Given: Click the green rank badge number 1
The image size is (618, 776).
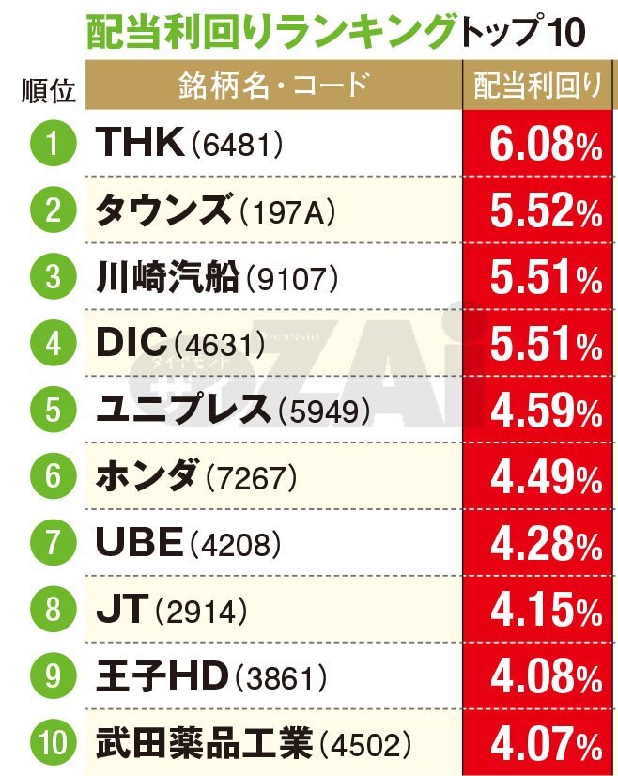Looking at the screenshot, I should pos(52,143).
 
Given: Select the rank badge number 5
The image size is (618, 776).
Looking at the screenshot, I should pos(52,411).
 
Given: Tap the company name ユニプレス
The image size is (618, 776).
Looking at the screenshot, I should pos(183,411).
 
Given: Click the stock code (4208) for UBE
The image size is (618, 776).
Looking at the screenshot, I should pos(235,545).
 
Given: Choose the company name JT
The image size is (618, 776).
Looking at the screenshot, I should pos(122,612).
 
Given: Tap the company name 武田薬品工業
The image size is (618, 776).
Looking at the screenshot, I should pos(203,746).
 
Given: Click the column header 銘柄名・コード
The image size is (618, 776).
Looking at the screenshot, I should pos(271,85).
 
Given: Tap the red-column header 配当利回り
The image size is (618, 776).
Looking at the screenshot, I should pos(538,85).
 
